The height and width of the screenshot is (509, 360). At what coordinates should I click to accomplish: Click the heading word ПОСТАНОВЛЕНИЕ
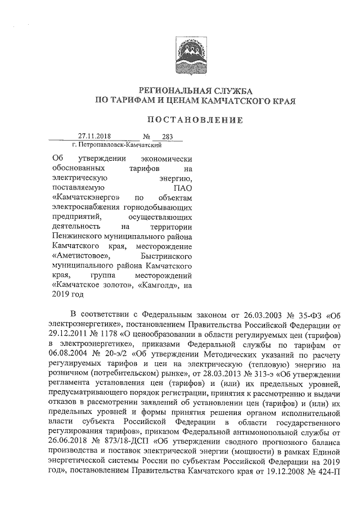click(195, 120)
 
